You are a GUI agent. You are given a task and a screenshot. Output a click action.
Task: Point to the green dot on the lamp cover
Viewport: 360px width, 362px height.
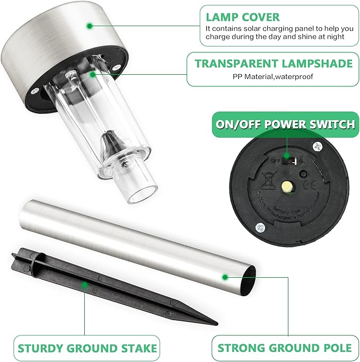pyautogui.click(x=90, y=25)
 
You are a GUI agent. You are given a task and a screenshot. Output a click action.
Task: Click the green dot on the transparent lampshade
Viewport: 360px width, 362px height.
pyautogui.click(x=92, y=75)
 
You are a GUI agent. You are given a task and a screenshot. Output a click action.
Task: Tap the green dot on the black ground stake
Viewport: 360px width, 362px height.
pyautogui.click(x=84, y=285)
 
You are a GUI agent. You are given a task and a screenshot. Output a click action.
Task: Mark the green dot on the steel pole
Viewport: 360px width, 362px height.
pyautogui.click(x=225, y=276)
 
